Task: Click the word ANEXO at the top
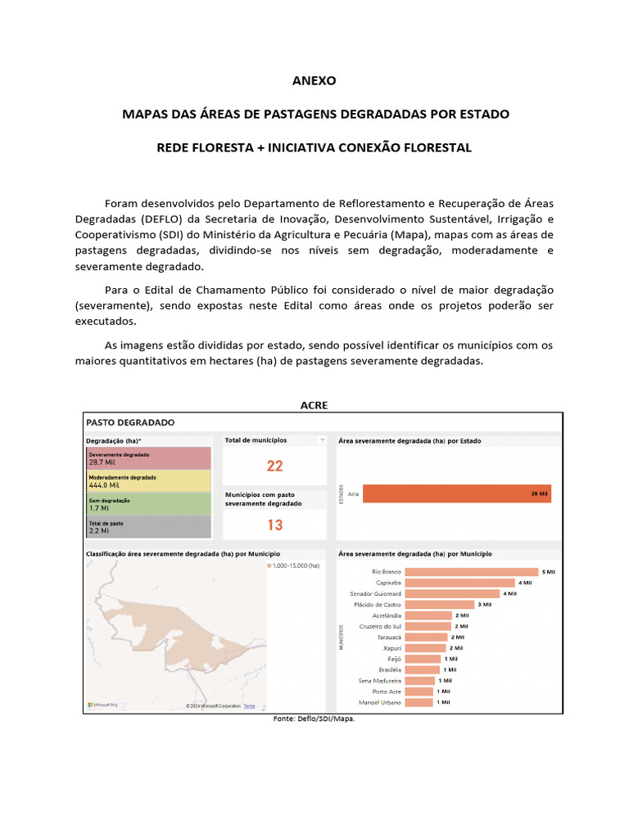314,81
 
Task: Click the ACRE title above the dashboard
314,405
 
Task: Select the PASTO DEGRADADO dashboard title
131,422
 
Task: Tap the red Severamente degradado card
148,457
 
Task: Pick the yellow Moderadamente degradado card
148,480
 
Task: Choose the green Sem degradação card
148,503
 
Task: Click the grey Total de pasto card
148,526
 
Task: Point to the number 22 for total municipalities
274,466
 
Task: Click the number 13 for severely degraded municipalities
274,525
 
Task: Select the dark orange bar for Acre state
457,494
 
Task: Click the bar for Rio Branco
472,571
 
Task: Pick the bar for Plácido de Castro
439,604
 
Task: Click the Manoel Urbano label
379,702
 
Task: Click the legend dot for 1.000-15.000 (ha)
269,565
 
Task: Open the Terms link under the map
249,705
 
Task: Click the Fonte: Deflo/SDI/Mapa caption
314,719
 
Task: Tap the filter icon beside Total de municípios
322,440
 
